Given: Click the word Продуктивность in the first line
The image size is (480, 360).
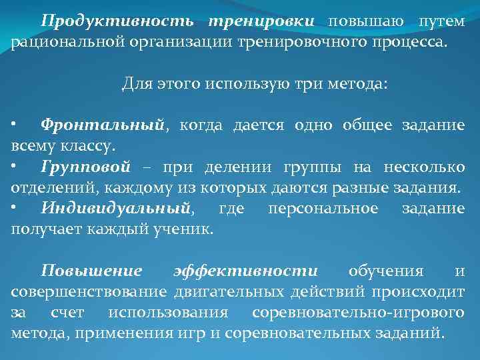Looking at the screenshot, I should pos(117,21).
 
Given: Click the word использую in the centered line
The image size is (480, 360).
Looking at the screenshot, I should pos(244,85).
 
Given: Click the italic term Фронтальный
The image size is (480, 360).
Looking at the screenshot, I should pos(101,125).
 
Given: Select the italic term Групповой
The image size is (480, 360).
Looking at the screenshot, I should pos(85,167).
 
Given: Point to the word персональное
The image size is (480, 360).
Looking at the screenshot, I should pos(323,209).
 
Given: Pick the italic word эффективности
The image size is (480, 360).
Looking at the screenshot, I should pos(245,271).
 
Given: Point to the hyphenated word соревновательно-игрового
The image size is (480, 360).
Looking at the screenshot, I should pos(359,313).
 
